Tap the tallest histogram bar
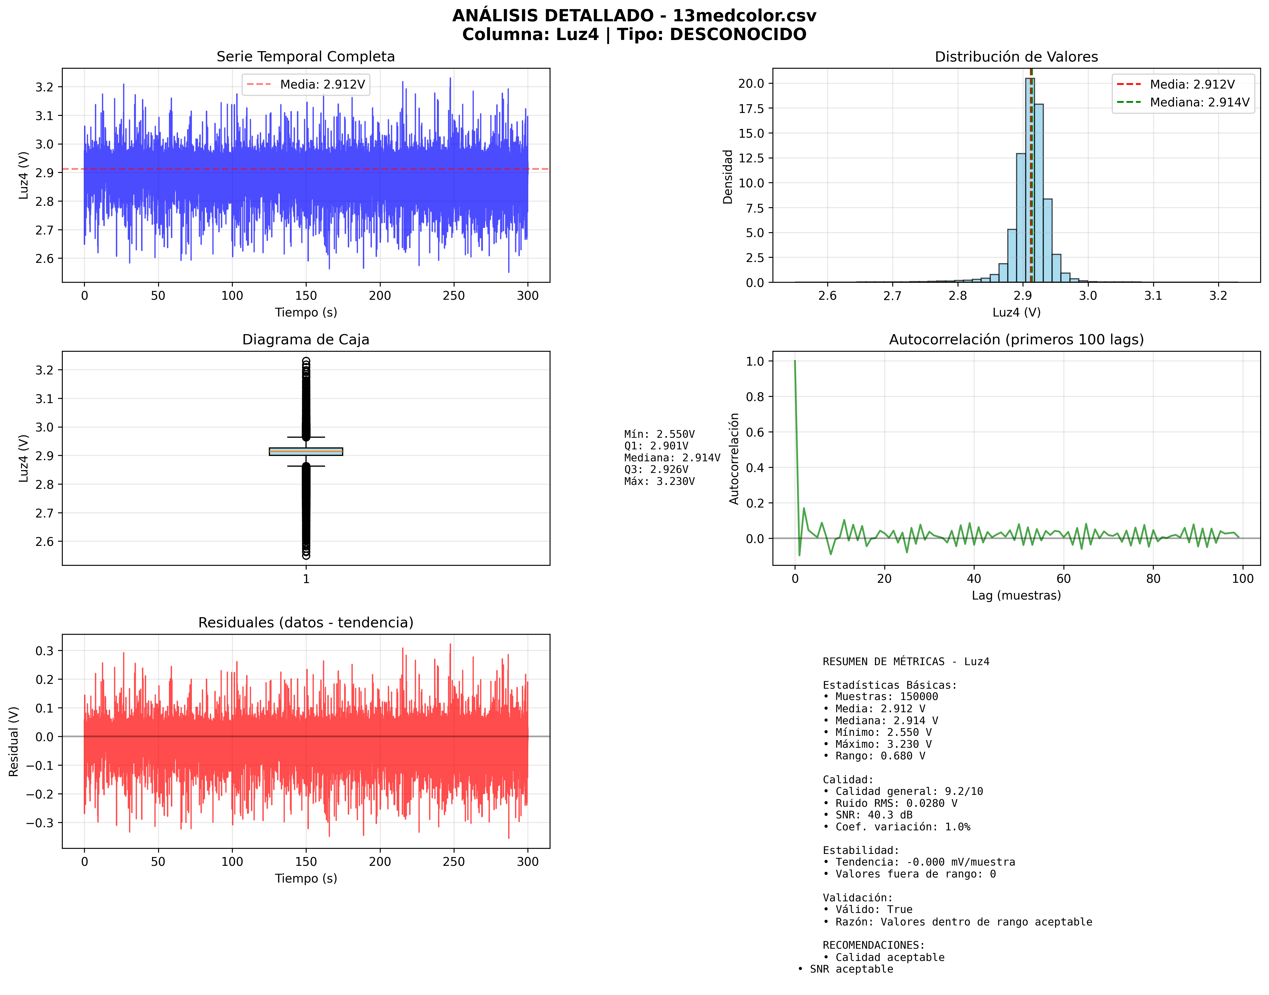[1029, 181]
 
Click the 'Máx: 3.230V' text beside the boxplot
[659, 481]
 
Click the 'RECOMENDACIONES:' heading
[873, 945]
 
